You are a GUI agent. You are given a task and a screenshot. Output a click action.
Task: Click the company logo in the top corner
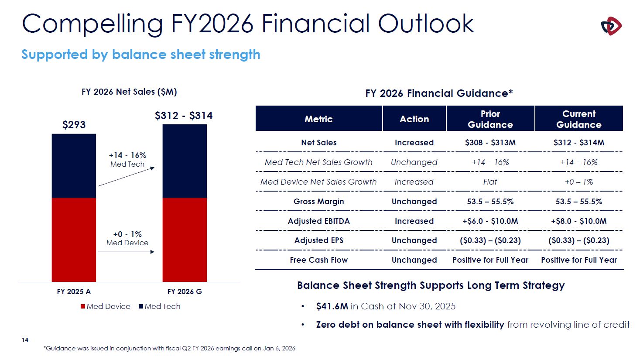point(611,26)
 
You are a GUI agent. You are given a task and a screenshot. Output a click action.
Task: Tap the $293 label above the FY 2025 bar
point(74,125)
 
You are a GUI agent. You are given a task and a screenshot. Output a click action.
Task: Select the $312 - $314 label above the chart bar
point(184,116)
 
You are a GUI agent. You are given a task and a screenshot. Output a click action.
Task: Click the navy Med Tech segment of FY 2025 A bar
point(74,166)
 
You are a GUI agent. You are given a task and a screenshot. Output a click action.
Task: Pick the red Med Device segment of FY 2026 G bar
point(185,240)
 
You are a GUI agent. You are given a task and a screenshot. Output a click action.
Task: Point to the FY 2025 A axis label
point(74,291)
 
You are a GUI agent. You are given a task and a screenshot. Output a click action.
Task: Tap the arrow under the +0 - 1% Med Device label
point(126,252)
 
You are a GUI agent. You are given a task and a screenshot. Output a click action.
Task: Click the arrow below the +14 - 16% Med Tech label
point(126,177)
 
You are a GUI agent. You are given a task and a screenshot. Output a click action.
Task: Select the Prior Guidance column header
point(490,119)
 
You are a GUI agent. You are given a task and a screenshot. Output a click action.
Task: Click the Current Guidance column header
point(578,119)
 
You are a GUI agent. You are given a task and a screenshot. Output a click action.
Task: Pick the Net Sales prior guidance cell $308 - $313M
point(490,143)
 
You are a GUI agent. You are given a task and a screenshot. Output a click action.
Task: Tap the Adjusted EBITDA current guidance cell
point(578,221)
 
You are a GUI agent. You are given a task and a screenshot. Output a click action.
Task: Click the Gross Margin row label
point(318,202)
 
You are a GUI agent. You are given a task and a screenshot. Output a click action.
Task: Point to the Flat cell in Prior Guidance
point(490,182)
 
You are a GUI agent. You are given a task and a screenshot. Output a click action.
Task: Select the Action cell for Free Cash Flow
point(414,260)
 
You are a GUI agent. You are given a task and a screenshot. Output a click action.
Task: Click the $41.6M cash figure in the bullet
point(332,306)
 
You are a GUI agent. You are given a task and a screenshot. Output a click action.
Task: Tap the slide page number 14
point(25,340)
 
